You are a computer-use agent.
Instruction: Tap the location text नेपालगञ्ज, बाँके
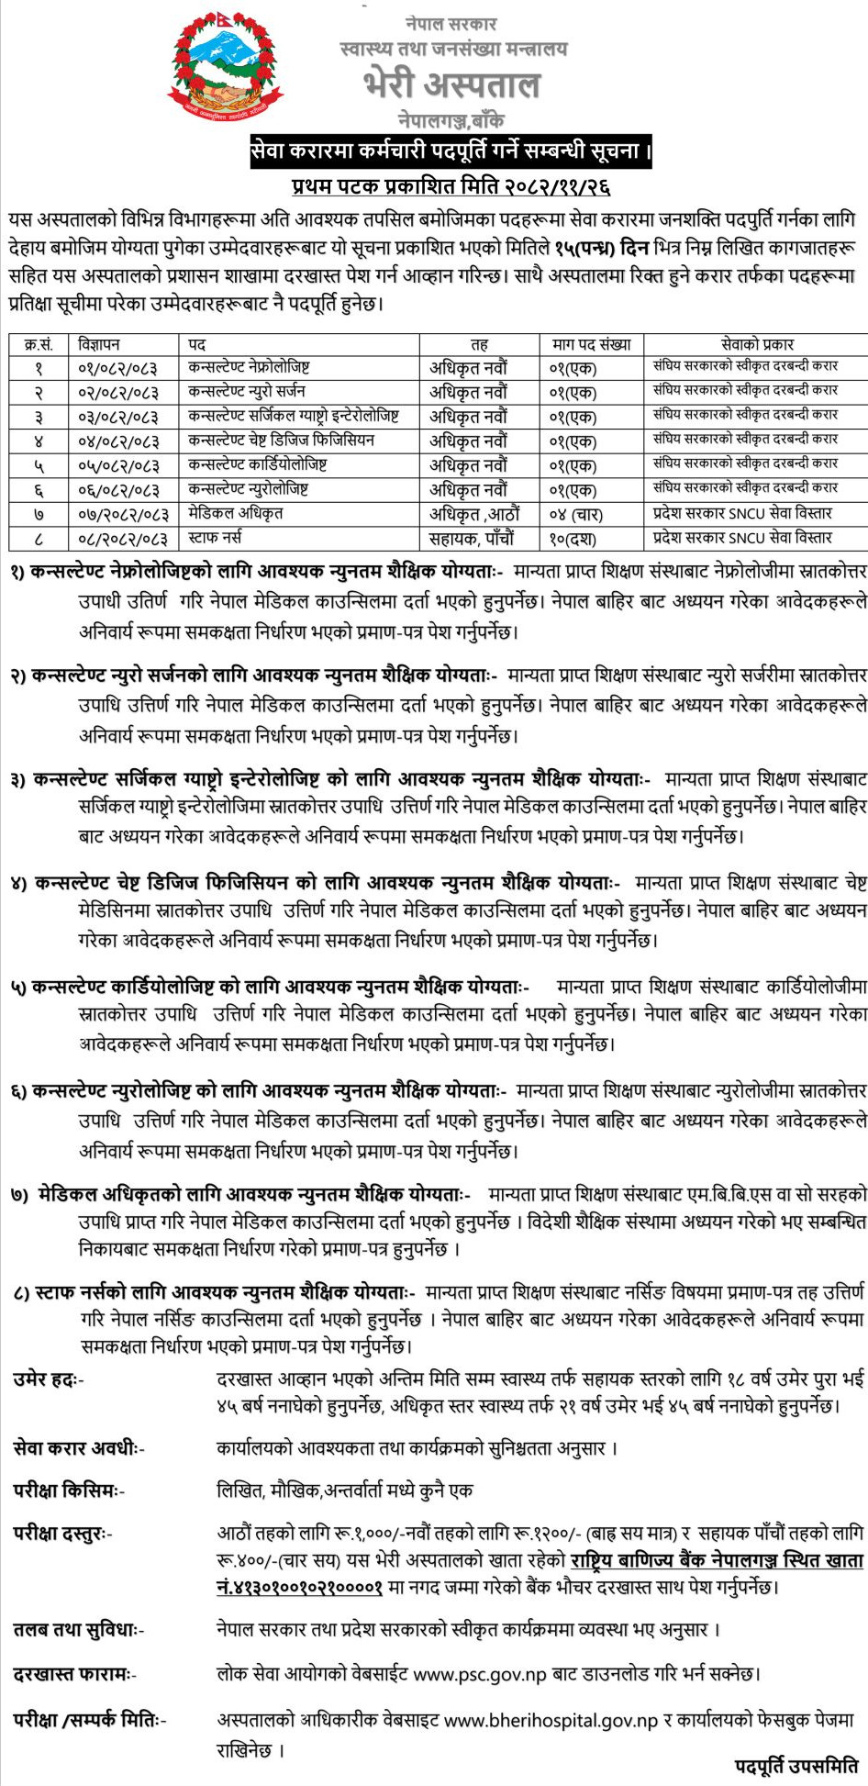tap(451, 120)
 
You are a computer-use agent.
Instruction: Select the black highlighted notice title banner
tap(451, 151)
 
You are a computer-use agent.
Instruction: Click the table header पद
tap(196, 344)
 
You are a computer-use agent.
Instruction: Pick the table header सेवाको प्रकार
tap(757, 344)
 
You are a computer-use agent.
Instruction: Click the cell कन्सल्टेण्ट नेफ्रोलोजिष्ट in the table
tap(249, 367)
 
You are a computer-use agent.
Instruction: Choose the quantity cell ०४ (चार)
tap(574, 514)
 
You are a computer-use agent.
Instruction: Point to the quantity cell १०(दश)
tap(574, 538)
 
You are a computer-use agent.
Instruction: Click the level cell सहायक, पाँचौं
tap(472, 538)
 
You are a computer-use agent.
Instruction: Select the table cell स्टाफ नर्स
tap(215, 538)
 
